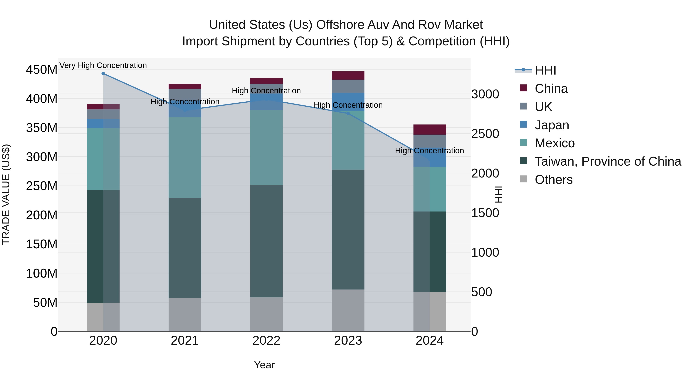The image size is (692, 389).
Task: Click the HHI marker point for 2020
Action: click(103, 74)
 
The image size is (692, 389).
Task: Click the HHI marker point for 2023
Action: click(348, 114)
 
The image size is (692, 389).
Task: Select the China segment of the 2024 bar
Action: click(430, 130)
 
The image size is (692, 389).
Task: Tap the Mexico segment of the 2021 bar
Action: click(185, 158)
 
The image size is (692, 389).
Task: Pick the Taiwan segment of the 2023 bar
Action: click(348, 230)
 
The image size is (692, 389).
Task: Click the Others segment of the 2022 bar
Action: click(266, 314)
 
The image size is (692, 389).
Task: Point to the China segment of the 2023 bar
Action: click(348, 75)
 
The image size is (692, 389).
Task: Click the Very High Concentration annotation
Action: click(103, 66)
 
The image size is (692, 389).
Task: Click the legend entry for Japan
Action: click(552, 125)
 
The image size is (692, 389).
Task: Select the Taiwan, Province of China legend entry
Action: click(608, 161)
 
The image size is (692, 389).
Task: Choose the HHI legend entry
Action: click(545, 70)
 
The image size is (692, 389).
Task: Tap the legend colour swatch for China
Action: click(523, 88)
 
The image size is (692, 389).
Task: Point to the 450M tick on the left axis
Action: click(42, 70)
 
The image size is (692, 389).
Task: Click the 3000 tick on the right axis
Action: click(485, 95)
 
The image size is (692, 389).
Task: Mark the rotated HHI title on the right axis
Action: click(499, 194)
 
